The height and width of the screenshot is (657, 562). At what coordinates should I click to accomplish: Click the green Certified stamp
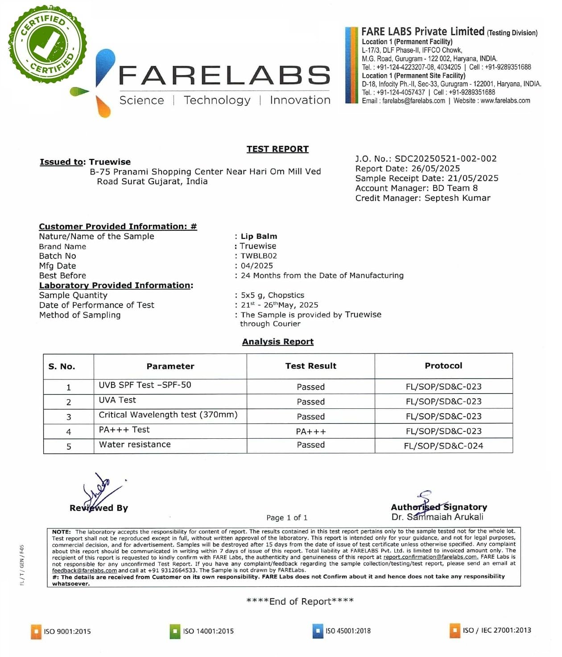pos(47,45)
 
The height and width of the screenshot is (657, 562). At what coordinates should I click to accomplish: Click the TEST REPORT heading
pos(277,149)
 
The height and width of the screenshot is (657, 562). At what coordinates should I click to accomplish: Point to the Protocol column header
pos(443,366)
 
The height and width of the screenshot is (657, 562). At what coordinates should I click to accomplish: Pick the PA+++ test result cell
pos(311,432)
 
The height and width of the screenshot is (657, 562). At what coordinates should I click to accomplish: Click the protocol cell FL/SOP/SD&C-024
pos(443,446)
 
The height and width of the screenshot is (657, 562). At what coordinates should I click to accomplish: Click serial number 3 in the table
pos(69,417)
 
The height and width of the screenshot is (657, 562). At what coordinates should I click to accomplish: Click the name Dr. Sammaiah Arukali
pos(437,517)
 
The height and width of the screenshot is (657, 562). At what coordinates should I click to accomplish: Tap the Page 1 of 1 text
pos(287,518)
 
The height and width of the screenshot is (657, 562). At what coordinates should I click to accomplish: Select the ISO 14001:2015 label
pos(208,631)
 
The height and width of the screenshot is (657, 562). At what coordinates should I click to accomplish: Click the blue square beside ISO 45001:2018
pos(318,631)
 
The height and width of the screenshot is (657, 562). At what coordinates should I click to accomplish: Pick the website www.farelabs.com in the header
pos(505,101)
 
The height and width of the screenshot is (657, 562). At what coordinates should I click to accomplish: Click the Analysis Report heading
pos(277,342)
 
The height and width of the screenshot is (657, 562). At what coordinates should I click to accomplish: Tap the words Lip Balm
pos(259,237)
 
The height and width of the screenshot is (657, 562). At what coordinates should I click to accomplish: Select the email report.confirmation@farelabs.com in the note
pos(430,557)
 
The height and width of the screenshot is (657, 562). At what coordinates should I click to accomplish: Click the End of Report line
pos(300,602)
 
